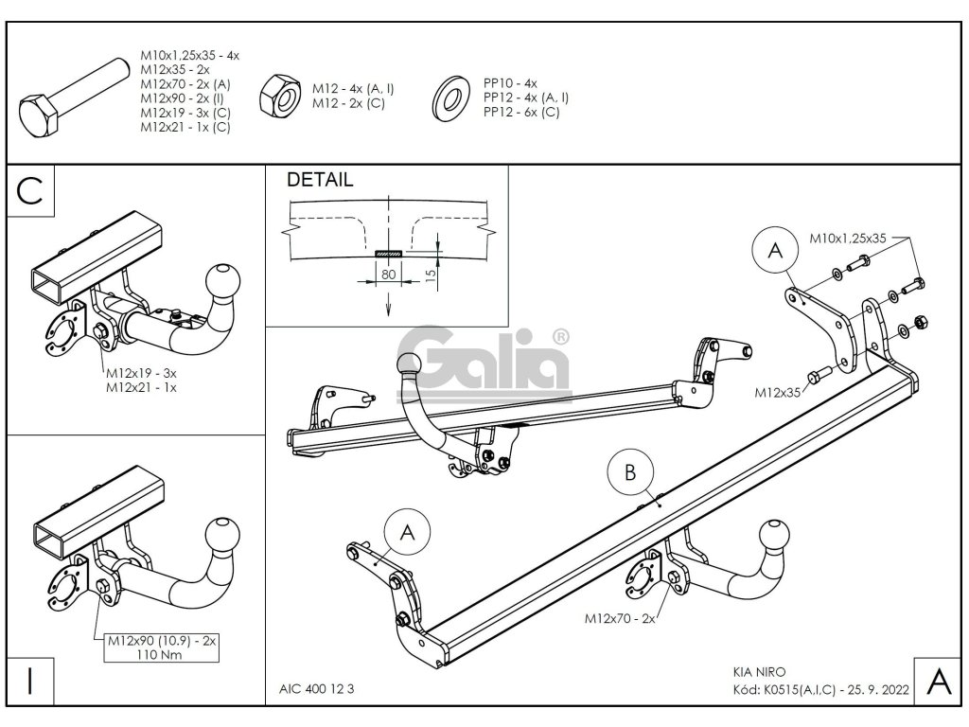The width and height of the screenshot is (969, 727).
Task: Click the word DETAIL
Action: [320, 180]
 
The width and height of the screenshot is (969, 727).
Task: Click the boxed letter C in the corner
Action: [32, 190]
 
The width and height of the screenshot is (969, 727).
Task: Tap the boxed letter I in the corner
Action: [32, 681]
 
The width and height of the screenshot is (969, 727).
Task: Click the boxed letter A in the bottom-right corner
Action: [937, 681]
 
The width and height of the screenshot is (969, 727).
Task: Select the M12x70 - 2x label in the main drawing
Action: [619, 618]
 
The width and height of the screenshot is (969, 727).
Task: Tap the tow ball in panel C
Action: [224, 279]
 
